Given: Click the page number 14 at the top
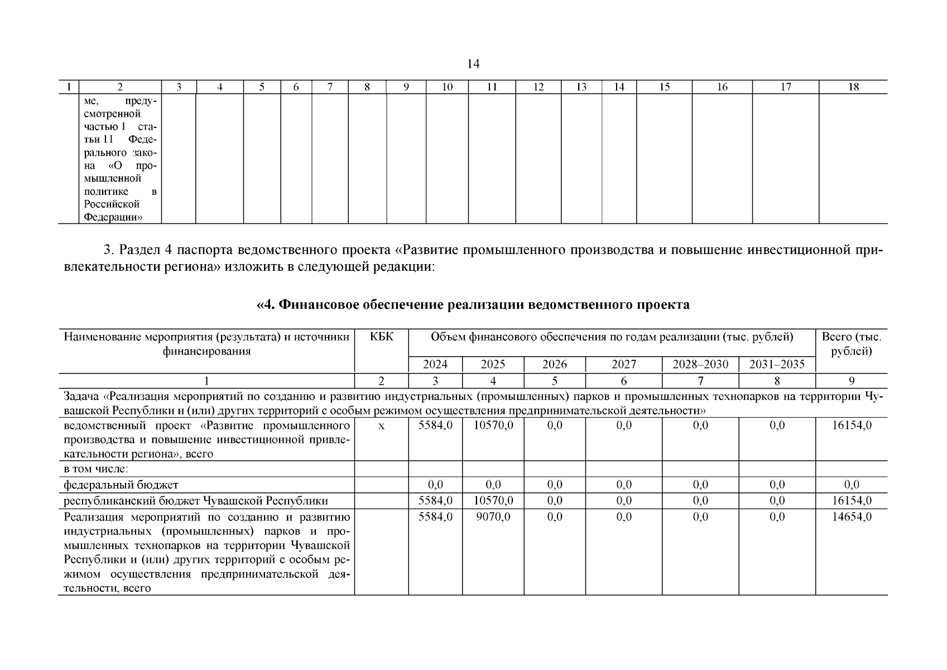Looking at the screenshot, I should coord(473,64).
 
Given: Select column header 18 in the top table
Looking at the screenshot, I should coord(853,87).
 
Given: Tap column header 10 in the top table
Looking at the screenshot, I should coord(447,87).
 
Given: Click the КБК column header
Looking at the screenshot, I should coord(381,337).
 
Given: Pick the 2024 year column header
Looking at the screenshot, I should coord(435,365).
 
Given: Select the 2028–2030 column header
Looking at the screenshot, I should coord(700,365).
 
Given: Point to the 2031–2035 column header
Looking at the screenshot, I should coord(777,365).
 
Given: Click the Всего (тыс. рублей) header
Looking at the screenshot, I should coord(851,344).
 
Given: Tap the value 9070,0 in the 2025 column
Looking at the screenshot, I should coord(493,517).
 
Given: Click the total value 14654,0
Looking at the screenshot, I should coord(851,517).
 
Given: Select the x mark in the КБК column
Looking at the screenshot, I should coord(382,425).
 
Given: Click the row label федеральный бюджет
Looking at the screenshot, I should coord(121,485).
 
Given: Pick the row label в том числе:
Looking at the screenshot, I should coord(96,469).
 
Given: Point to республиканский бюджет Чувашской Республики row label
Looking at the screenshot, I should coord(196,501).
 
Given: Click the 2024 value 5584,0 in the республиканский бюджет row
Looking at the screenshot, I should coord(435,501).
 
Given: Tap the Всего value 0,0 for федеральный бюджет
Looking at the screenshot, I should coord(851,485).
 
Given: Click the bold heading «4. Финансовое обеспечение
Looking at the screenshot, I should coord(473,305).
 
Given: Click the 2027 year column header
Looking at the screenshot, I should coord(623,365).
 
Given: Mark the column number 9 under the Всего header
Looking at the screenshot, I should coord(851,381).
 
